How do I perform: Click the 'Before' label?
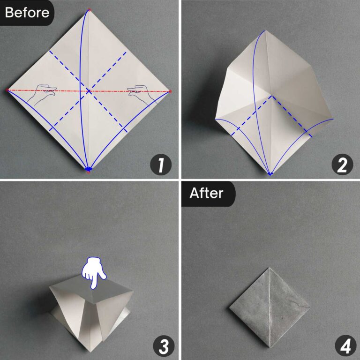[x=27, y=12]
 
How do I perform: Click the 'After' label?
[x=207, y=193]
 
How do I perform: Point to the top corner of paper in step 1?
[x=89, y=10]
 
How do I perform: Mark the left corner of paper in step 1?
[x=7, y=90]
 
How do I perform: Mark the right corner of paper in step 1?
[x=170, y=91]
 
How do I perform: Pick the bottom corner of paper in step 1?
[x=88, y=170]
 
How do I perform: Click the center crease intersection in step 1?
[x=88, y=90]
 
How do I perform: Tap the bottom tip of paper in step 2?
[x=270, y=174]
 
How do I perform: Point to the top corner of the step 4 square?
[x=270, y=268]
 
